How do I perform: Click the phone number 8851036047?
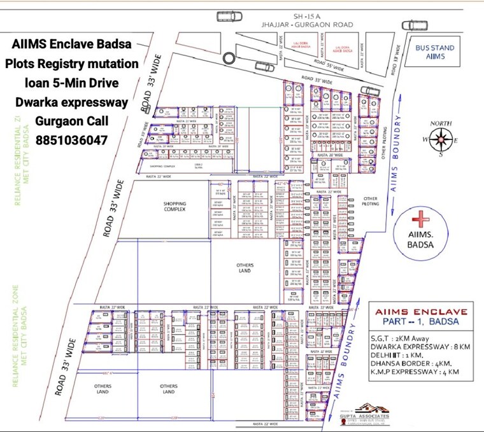point(71,140)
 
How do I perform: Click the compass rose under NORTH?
point(440,137)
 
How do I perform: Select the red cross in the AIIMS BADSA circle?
point(420,220)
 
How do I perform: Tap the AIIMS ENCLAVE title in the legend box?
point(419,313)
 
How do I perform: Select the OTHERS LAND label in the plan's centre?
point(245,267)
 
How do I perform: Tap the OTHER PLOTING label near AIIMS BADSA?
point(371,200)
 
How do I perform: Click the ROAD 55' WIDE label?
point(329,65)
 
